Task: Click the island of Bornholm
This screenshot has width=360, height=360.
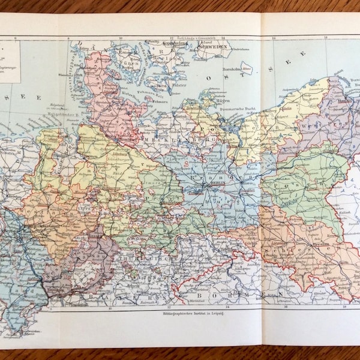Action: tap(246, 67)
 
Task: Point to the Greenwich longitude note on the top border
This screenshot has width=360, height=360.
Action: tap(192, 40)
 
